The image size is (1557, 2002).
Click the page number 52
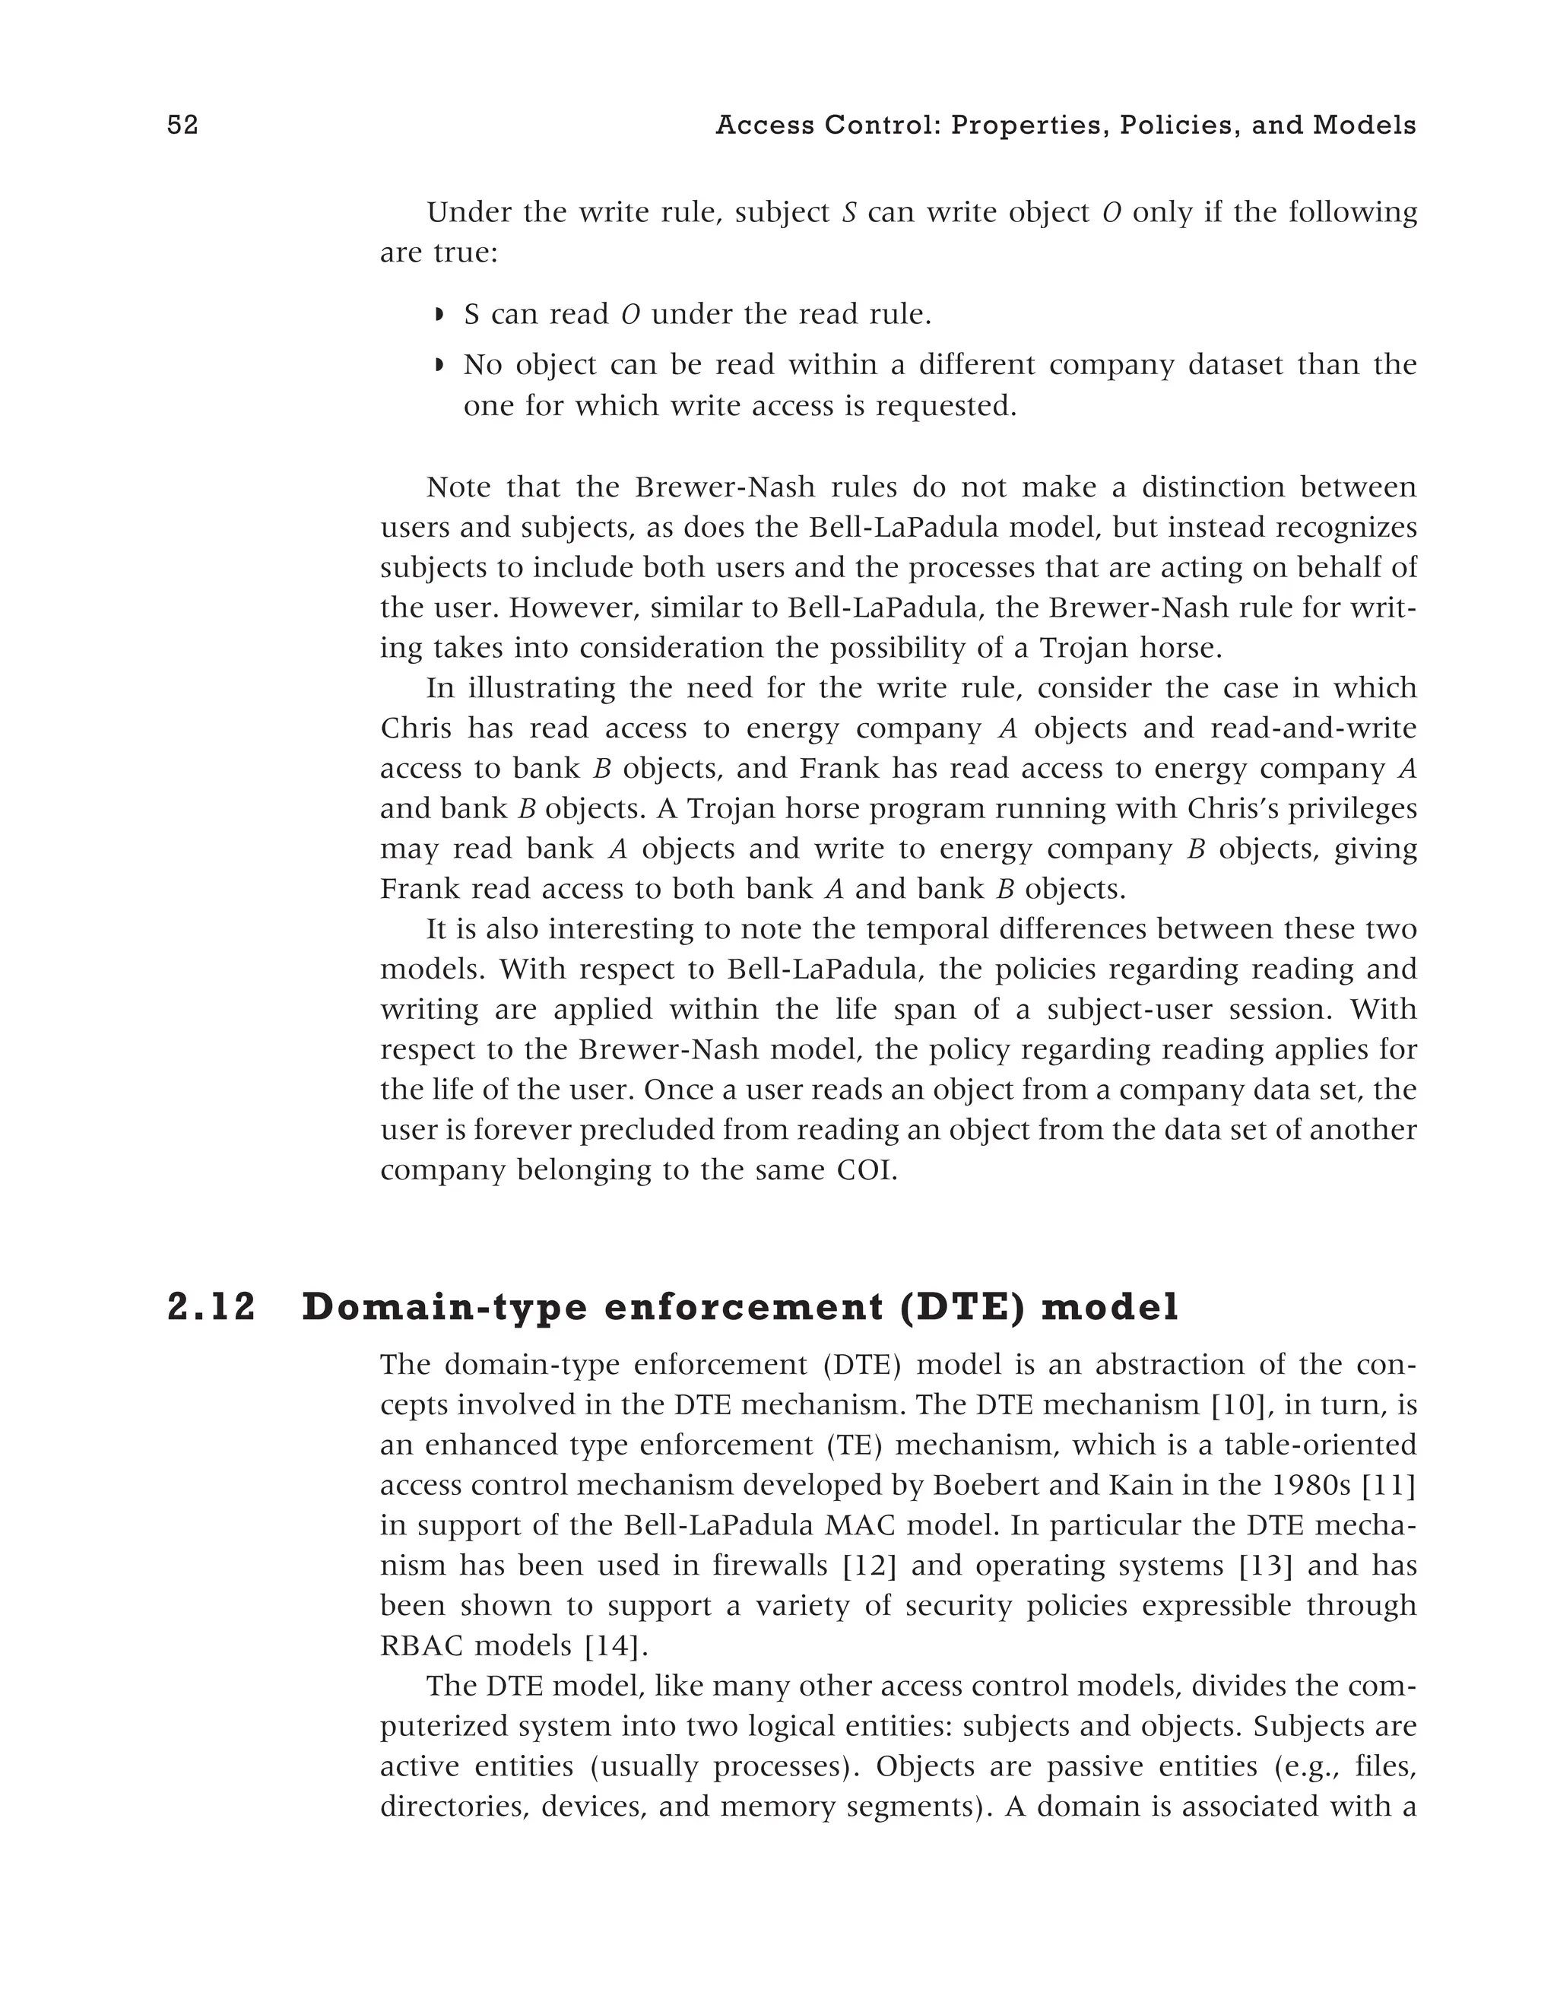pos(182,125)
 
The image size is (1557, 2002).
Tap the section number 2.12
pos(211,1307)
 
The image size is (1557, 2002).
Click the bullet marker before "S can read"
pos(439,316)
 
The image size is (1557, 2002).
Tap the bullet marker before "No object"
pos(439,366)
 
